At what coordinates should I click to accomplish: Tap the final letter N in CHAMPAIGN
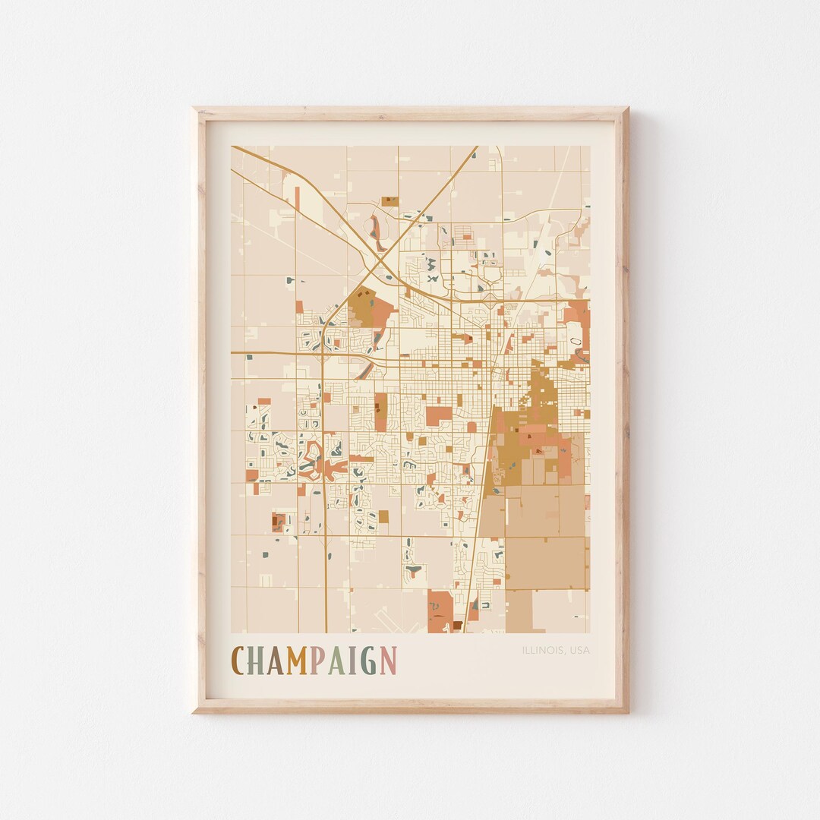388,661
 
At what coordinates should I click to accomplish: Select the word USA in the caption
579,650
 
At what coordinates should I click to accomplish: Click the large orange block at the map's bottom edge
440,611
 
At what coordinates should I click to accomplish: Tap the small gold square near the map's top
389,201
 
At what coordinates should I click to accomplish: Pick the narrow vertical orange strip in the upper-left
297,199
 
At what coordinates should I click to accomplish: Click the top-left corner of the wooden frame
194,109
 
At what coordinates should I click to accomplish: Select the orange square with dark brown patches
279,522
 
